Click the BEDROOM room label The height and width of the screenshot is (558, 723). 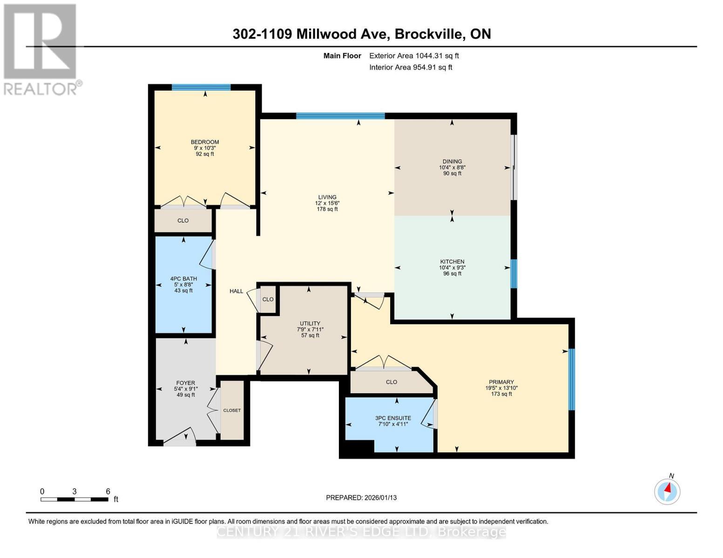point(204,142)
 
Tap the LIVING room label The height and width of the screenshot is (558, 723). point(327,197)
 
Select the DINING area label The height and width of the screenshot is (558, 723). point(452,162)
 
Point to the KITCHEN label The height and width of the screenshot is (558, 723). point(452,262)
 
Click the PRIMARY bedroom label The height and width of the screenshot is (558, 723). point(501,382)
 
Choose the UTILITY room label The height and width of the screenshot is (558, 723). point(310,324)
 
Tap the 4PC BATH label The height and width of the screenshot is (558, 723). point(183,279)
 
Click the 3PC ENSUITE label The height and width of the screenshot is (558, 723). point(393,418)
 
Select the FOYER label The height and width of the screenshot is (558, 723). point(185,383)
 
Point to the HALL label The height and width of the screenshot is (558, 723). point(236,291)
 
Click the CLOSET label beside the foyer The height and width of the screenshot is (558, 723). point(232,410)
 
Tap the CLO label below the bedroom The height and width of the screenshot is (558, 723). point(183,220)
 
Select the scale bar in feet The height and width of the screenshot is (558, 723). point(74,499)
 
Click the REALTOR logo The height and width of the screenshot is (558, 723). point(41,49)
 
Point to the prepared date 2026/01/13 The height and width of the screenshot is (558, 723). point(361,498)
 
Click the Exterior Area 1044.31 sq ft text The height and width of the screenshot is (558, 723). point(414,56)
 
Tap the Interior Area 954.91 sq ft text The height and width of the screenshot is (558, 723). point(411,67)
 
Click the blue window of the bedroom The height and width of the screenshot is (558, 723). point(201,87)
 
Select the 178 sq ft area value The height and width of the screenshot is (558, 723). point(327,209)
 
